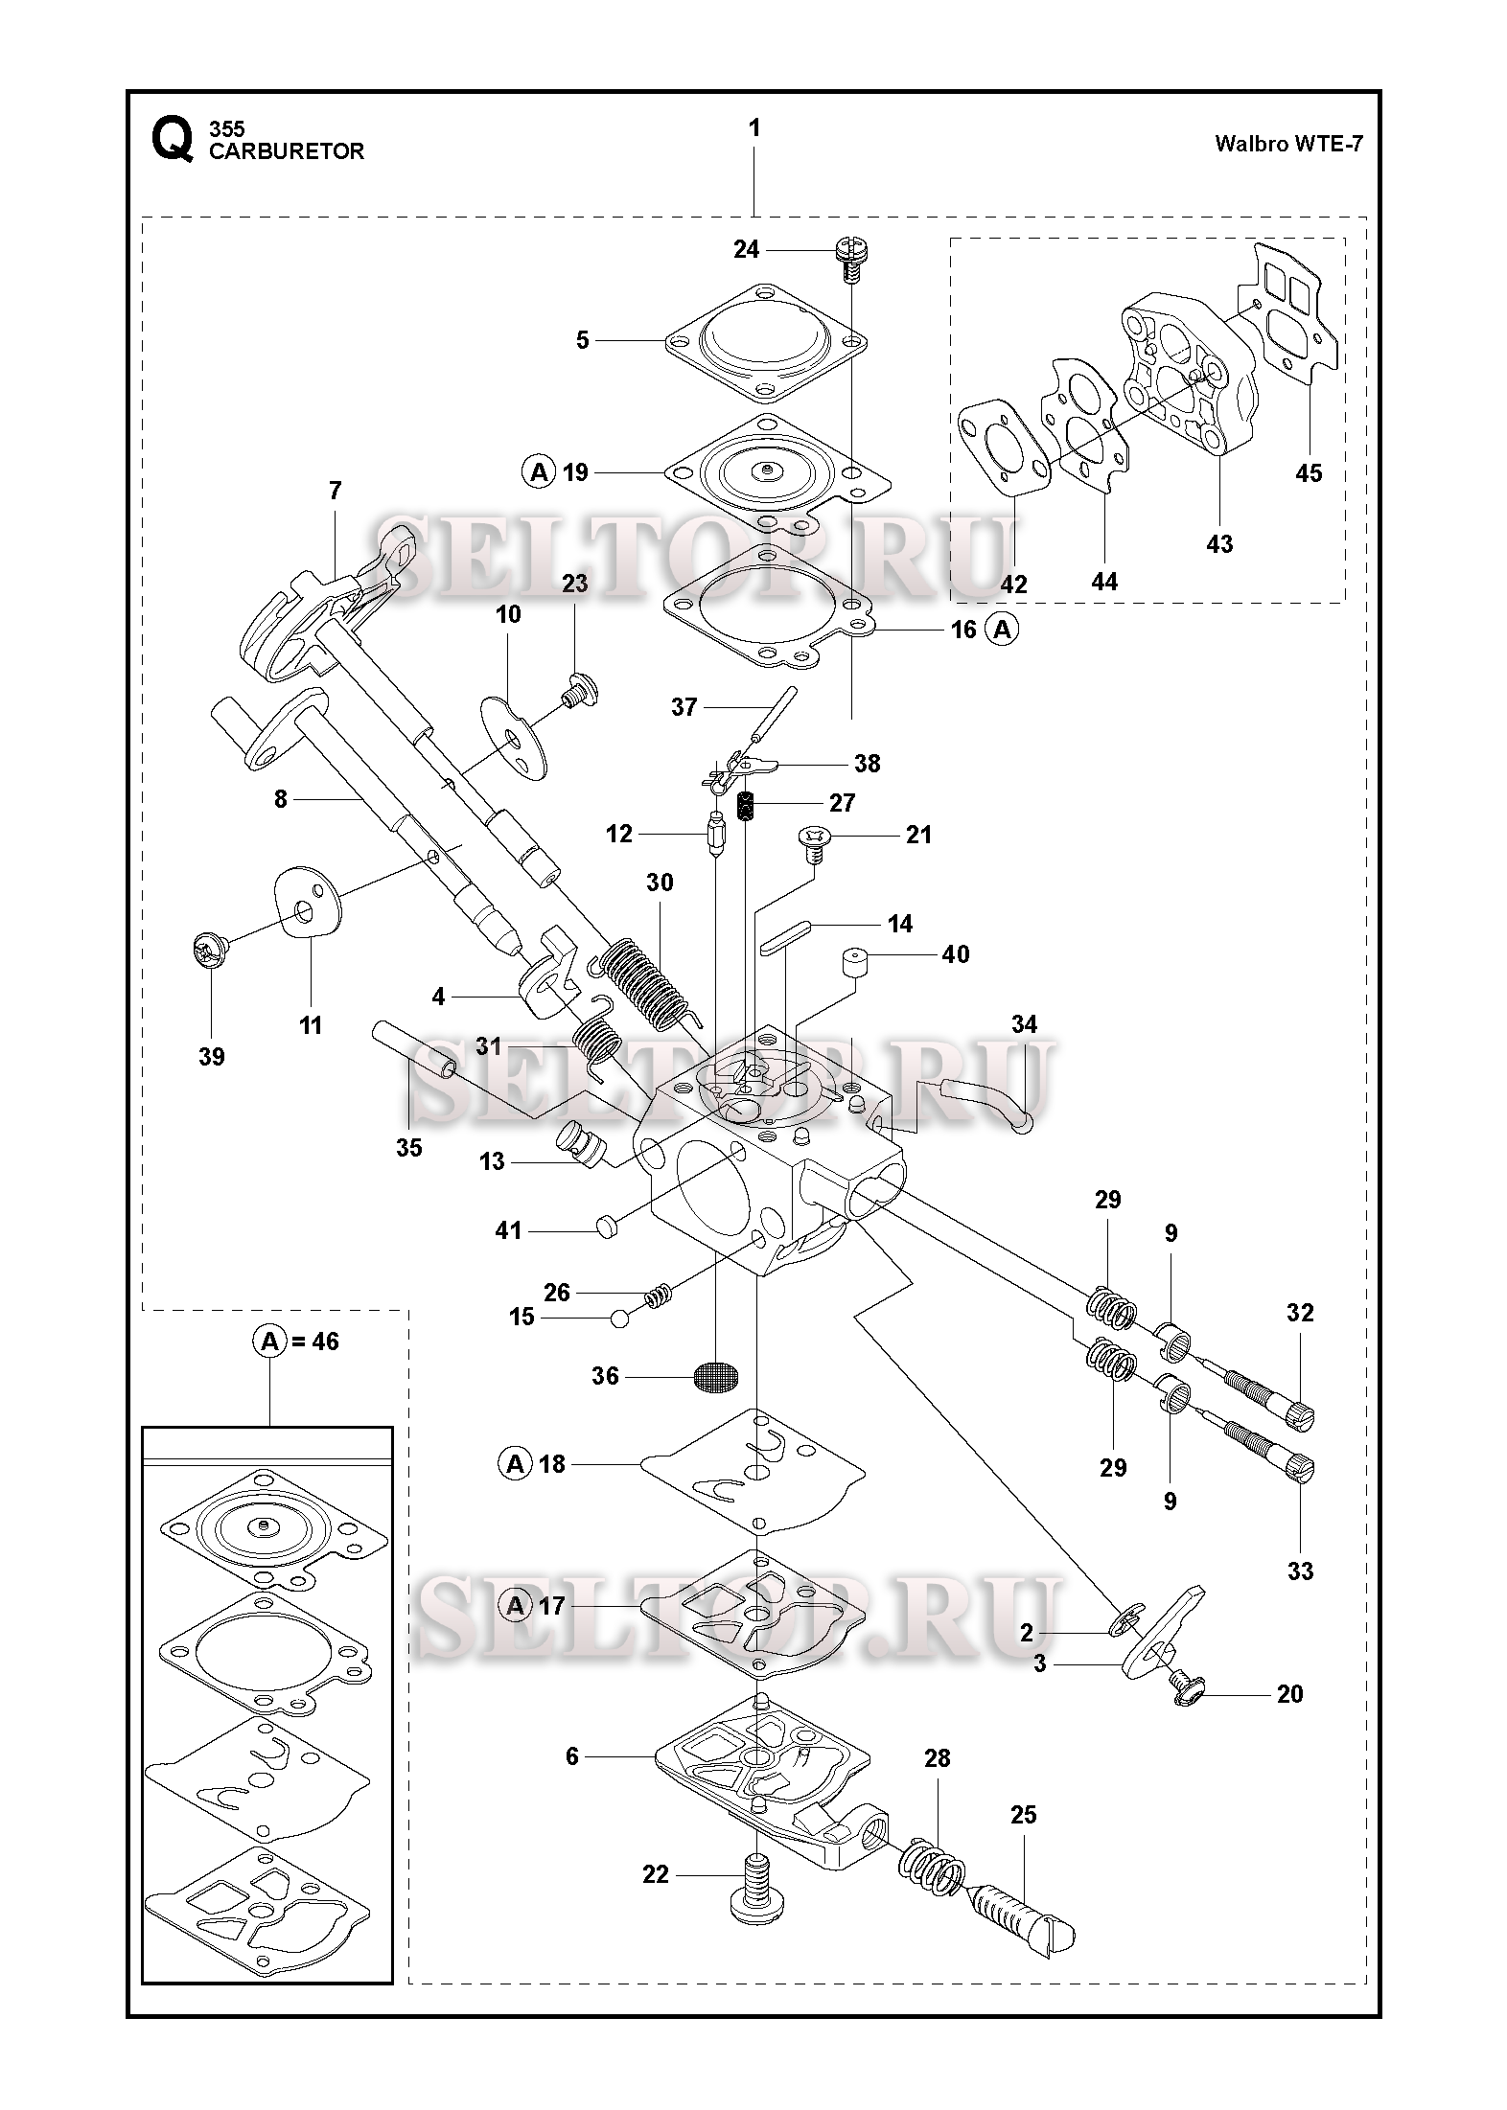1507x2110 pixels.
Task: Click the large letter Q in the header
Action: tap(172, 141)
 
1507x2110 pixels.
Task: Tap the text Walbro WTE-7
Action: tap(1288, 145)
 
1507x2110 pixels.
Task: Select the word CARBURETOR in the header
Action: tap(287, 151)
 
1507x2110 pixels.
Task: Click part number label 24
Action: tap(746, 250)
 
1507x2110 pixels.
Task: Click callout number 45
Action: tap(1308, 473)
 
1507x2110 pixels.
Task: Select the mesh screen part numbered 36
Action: tap(716, 1377)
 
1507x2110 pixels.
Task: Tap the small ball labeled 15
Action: tap(619, 1319)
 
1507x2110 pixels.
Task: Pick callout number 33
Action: tap(1300, 1571)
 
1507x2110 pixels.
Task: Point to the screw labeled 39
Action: tap(210, 952)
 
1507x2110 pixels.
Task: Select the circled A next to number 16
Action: tap(1003, 630)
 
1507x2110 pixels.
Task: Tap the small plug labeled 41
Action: tap(606, 1226)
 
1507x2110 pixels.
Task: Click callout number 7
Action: tap(335, 491)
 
